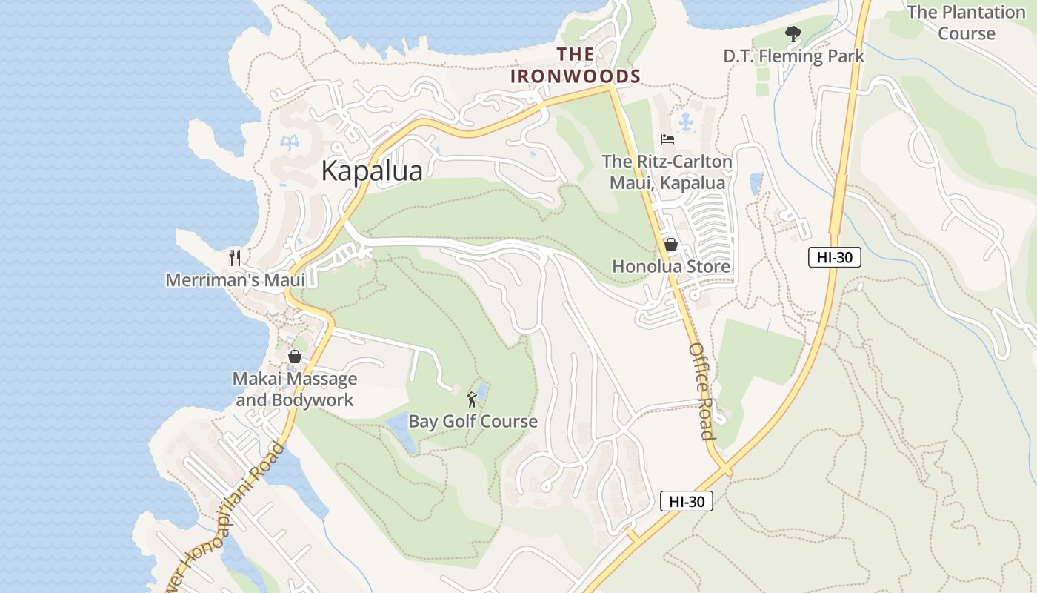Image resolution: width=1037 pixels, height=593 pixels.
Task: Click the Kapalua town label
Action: [372, 171]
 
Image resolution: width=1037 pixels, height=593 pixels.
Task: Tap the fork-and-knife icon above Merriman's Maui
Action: [235, 258]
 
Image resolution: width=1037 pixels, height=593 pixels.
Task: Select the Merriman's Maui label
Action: [235, 280]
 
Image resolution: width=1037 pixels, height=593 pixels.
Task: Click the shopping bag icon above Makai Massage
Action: [295, 357]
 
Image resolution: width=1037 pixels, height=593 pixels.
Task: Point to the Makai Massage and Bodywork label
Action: [295, 390]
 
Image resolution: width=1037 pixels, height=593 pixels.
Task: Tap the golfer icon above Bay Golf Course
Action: [472, 400]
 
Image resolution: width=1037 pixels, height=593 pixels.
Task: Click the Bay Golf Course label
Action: [473, 422]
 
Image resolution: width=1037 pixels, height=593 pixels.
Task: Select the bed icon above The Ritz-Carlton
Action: [667, 139]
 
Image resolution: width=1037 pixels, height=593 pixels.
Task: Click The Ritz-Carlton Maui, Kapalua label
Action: [667, 172]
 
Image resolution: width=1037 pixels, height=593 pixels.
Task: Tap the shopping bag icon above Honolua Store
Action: [671, 245]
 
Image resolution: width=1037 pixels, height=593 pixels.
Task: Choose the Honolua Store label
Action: [671, 267]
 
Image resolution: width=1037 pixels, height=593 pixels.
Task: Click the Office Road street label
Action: [701, 391]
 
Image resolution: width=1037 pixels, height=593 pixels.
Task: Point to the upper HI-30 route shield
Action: [834, 258]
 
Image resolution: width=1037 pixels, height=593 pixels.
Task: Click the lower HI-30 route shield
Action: [686, 501]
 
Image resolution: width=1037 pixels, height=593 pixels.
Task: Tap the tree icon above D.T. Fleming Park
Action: [793, 34]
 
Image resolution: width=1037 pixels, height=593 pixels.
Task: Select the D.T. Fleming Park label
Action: [793, 56]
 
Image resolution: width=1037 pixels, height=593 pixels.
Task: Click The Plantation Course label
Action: [966, 23]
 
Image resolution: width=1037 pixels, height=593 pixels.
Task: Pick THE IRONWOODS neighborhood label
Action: [576, 65]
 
